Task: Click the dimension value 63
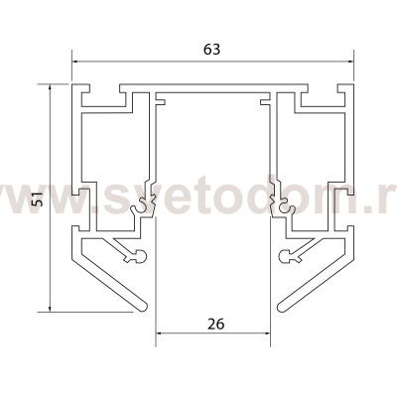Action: click(x=211, y=50)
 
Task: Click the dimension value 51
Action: click(x=40, y=198)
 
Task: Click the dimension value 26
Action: click(x=215, y=324)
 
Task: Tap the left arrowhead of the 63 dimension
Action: click(x=76, y=62)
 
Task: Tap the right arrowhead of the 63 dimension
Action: click(x=349, y=62)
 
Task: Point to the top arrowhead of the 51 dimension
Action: click(x=50, y=88)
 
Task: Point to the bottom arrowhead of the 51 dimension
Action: click(x=50, y=308)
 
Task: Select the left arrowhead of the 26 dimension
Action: click(x=160, y=333)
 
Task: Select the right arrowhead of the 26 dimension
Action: click(x=266, y=333)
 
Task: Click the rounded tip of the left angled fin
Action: click(x=143, y=307)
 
